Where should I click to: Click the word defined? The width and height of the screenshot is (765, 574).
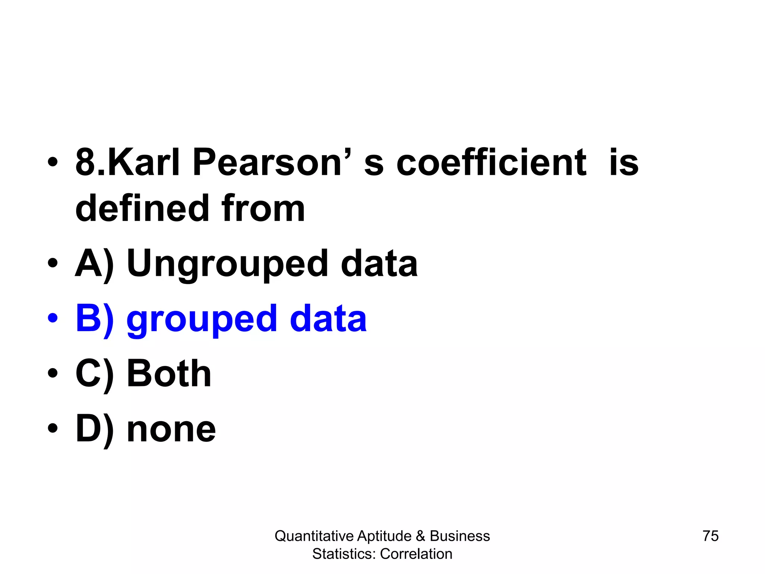coord(142,208)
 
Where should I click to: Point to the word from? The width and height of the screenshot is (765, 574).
coord(263,208)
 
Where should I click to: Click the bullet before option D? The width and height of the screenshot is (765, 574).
coord(53,428)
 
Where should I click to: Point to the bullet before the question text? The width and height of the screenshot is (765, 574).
coord(53,162)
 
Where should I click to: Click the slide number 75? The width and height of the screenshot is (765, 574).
coord(710,536)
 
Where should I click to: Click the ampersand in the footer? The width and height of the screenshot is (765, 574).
coord(421,536)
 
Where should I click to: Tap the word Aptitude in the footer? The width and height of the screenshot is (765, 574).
coord(384,536)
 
